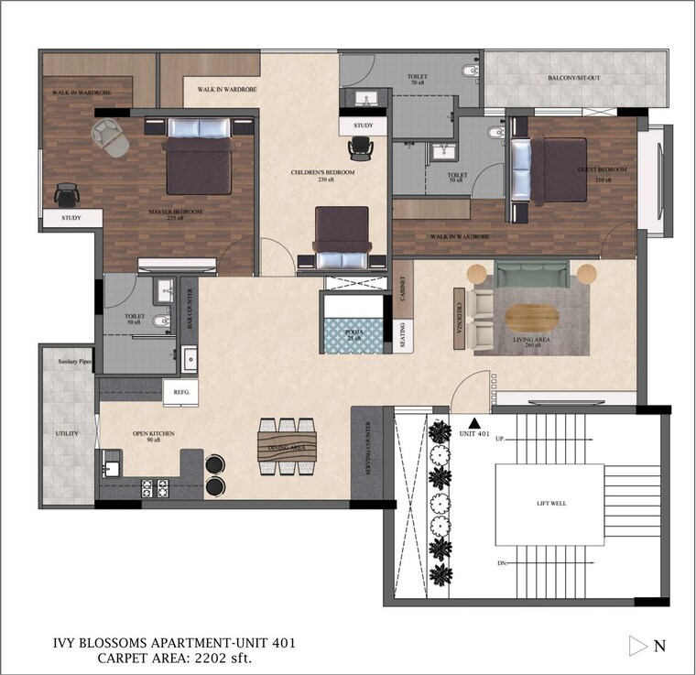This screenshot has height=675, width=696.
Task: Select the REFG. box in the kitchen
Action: coord(180,392)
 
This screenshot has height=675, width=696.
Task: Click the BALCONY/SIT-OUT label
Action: coord(574,79)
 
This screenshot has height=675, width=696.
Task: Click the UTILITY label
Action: coord(67,433)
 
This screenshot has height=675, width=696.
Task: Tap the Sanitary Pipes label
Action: coord(67,363)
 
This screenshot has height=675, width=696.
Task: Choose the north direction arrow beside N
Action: coord(638,646)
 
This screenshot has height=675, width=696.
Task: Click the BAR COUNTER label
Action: coord(190,309)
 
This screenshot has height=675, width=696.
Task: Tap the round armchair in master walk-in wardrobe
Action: coord(112,139)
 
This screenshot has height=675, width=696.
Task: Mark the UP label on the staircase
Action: coord(500,439)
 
